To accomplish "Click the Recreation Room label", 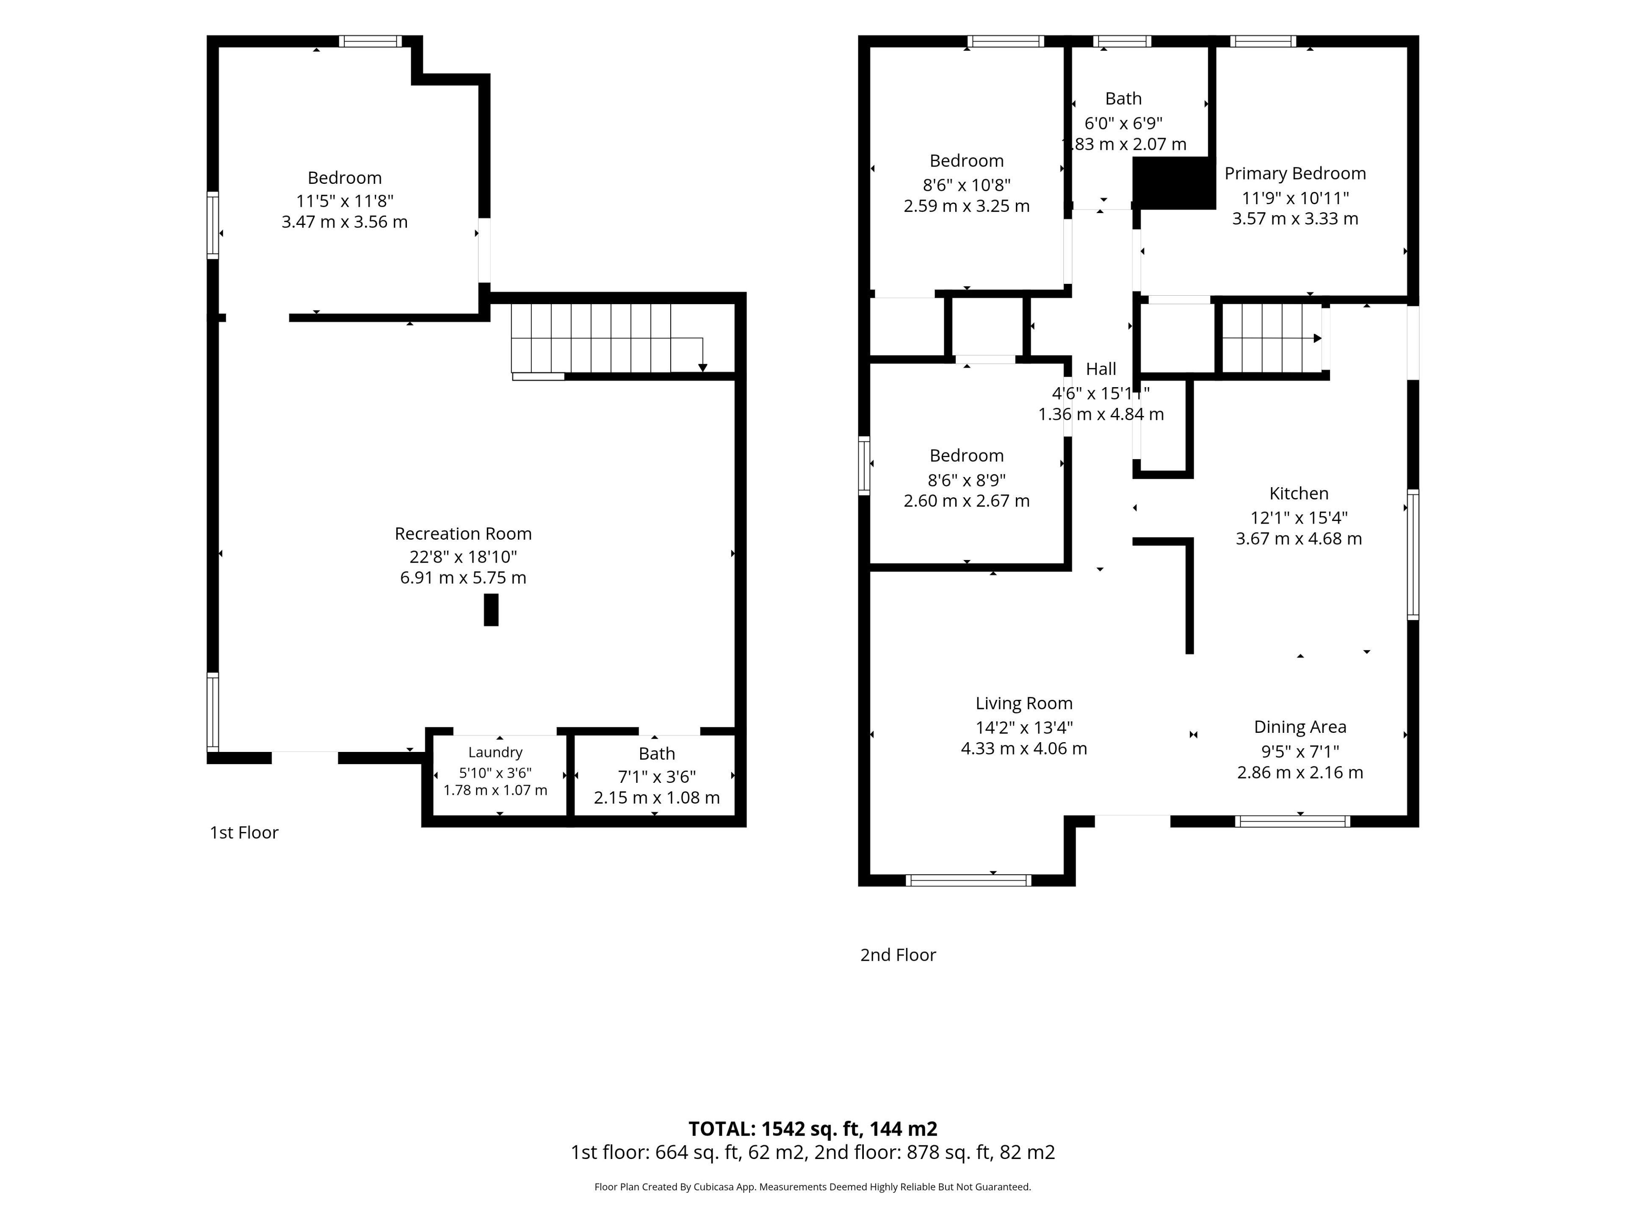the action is [x=463, y=533].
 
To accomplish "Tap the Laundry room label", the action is [x=495, y=752].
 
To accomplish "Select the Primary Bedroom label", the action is [x=1295, y=174].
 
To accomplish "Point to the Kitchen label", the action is [x=1299, y=494].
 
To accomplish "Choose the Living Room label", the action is [x=1024, y=704].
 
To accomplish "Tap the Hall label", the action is [x=1101, y=369].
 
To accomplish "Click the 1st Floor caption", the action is [x=244, y=832].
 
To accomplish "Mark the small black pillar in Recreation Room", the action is [x=491, y=610].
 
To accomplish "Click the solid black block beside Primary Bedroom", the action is [x=1173, y=183].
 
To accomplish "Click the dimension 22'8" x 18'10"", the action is [x=463, y=557].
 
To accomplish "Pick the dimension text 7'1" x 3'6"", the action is [x=656, y=776].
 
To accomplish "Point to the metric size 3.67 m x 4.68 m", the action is [x=1299, y=539].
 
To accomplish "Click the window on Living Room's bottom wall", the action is [x=969, y=880].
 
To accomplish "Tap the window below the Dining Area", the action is [x=1293, y=821].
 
